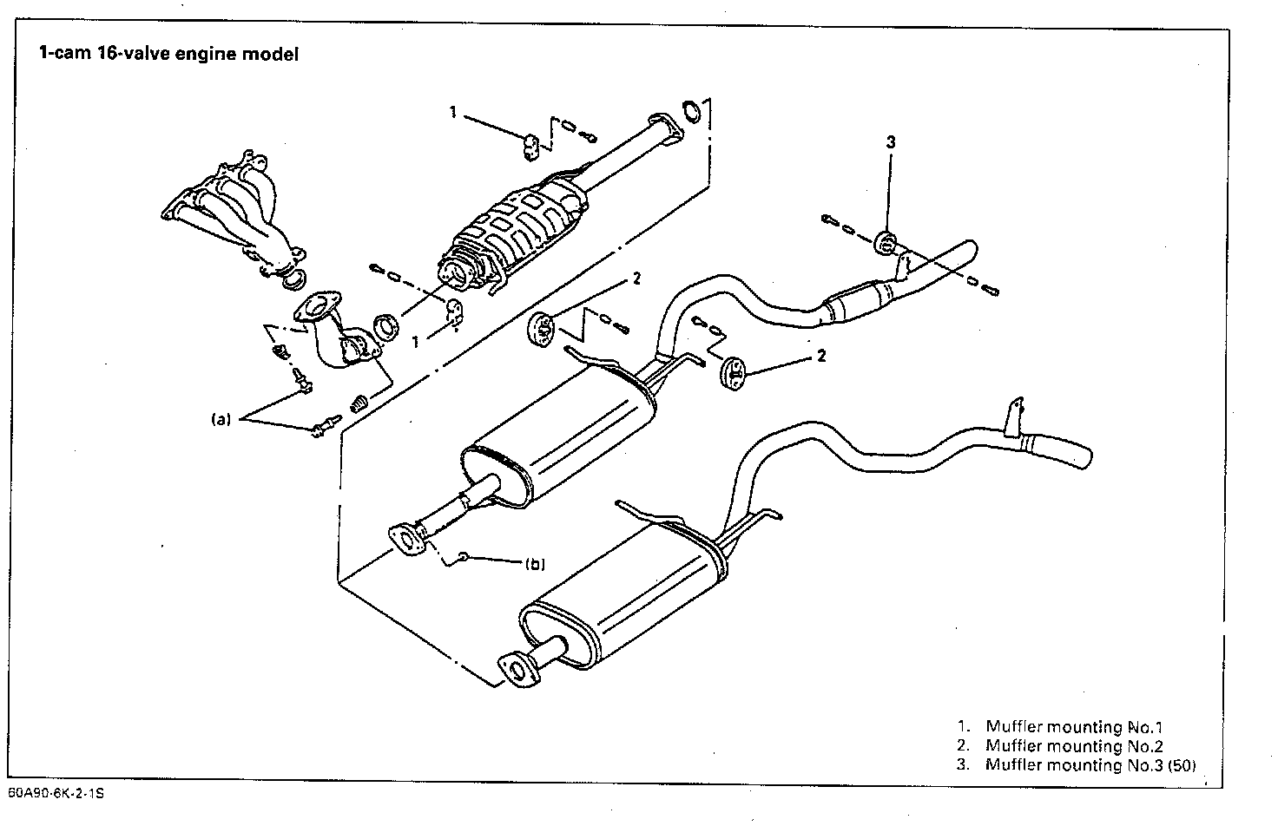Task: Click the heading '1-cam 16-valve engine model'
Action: pyautogui.click(x=168, y=54)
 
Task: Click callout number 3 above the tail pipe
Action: pyautogui.click(x=890, y=142)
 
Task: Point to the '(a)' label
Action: pyautogui.click(x=221, y=419)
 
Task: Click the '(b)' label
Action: pyautogui.click(x=535, y=564)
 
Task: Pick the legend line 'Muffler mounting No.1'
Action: pyautogui.click(x=1073, y=727)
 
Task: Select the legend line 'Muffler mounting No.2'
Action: pyautogui.click(x=1074, y=746)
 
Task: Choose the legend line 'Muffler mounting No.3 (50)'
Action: pyautogui.click(x=1089, y=765)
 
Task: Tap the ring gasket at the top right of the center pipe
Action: pyautogui.click(x=692, y=111)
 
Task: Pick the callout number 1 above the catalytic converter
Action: pyautogui.click(x=452, y=111)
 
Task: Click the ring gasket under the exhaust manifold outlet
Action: pyautogui.click(x=296, y=279)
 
